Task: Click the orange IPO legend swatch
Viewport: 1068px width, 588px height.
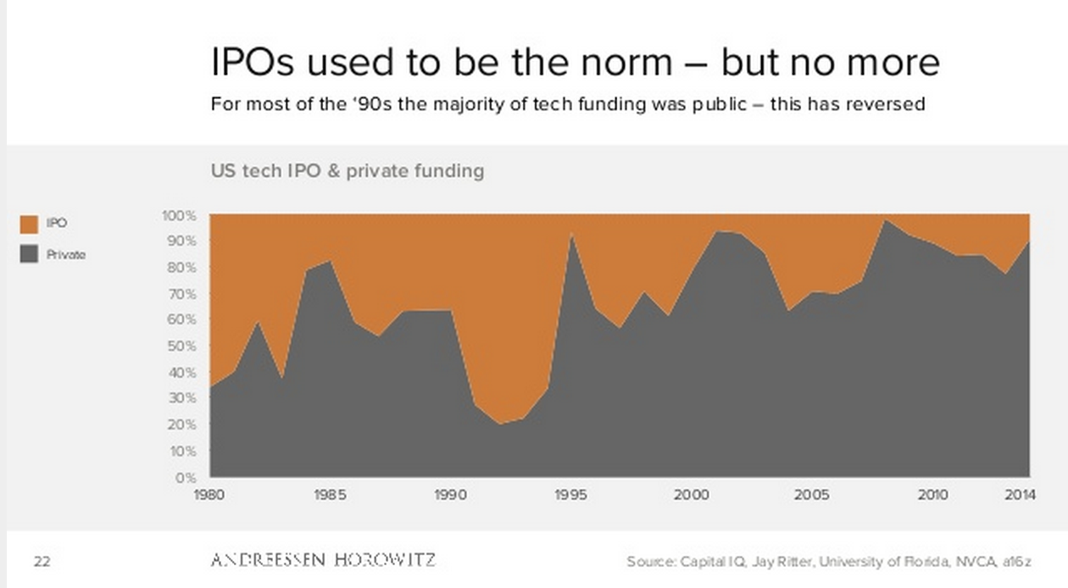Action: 29,225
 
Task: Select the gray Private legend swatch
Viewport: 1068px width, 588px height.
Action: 29,253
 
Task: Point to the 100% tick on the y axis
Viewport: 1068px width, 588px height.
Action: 179,215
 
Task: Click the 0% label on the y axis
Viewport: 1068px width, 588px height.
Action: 186,477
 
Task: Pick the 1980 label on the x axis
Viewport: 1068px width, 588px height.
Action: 209,495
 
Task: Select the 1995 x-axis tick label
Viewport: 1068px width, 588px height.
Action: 571,495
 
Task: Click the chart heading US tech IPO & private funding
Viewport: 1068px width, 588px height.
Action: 348,171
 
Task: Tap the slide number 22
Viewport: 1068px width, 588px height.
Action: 42,561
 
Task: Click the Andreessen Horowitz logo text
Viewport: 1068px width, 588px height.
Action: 323,560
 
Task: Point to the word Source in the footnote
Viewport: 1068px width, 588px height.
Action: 649,561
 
